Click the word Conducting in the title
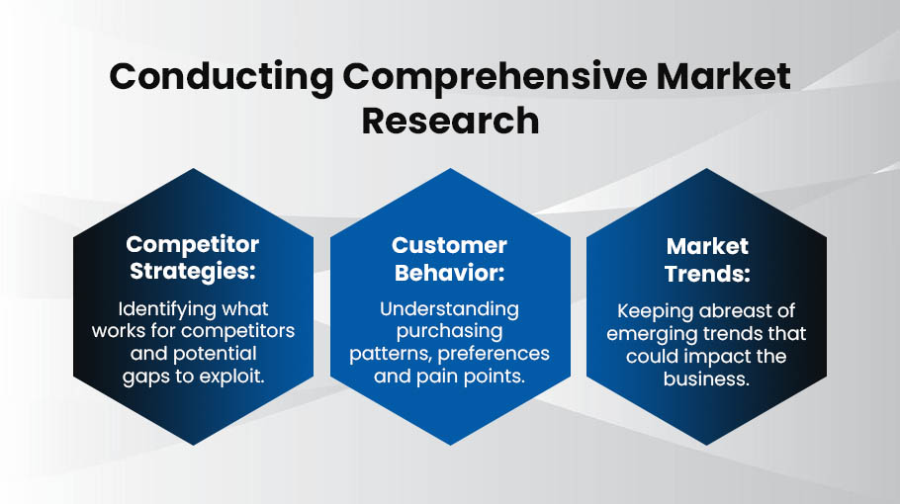(221, 77)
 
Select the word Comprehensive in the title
(495, 76)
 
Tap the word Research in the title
(451, 121)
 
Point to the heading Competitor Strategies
(193, 258)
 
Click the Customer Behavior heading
(449, 259)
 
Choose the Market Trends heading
(707, 260)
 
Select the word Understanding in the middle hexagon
(449, 309)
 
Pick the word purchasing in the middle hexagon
(449, 332)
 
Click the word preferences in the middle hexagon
(494, 354)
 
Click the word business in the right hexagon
(706, 379)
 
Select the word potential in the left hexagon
(215, 355)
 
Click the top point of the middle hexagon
(451, 169)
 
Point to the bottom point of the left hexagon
(194, 446)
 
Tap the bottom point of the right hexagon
(706, 446)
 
